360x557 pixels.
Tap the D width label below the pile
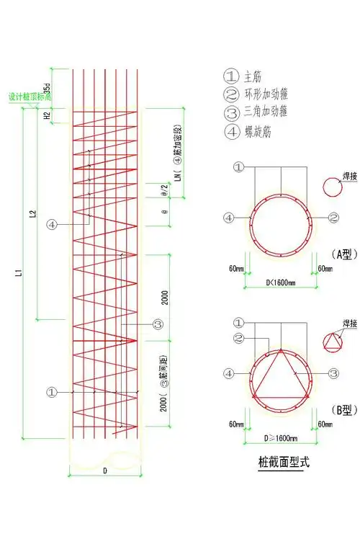(105, 470)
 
